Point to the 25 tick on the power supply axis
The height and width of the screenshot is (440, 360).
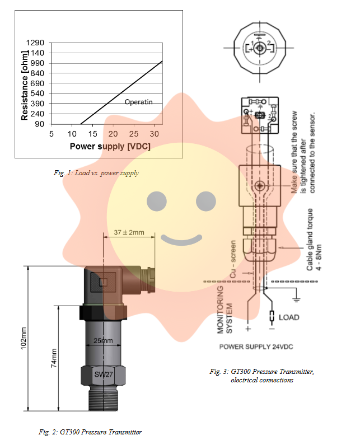coord(134,134)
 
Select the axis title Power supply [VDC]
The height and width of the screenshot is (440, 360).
coord(110,146)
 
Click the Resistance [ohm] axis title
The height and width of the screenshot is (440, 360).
coord(25,83)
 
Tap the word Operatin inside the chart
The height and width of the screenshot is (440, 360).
coord(138,102)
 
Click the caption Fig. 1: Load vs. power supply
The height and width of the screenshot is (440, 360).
coord(96,173)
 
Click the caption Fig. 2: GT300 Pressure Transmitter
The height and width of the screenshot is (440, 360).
coord(90,432)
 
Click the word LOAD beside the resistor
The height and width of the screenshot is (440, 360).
coord(289,317)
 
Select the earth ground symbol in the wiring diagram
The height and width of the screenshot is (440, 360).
coord(297,301)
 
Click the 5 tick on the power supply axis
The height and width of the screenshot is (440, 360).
coord(51,134)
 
